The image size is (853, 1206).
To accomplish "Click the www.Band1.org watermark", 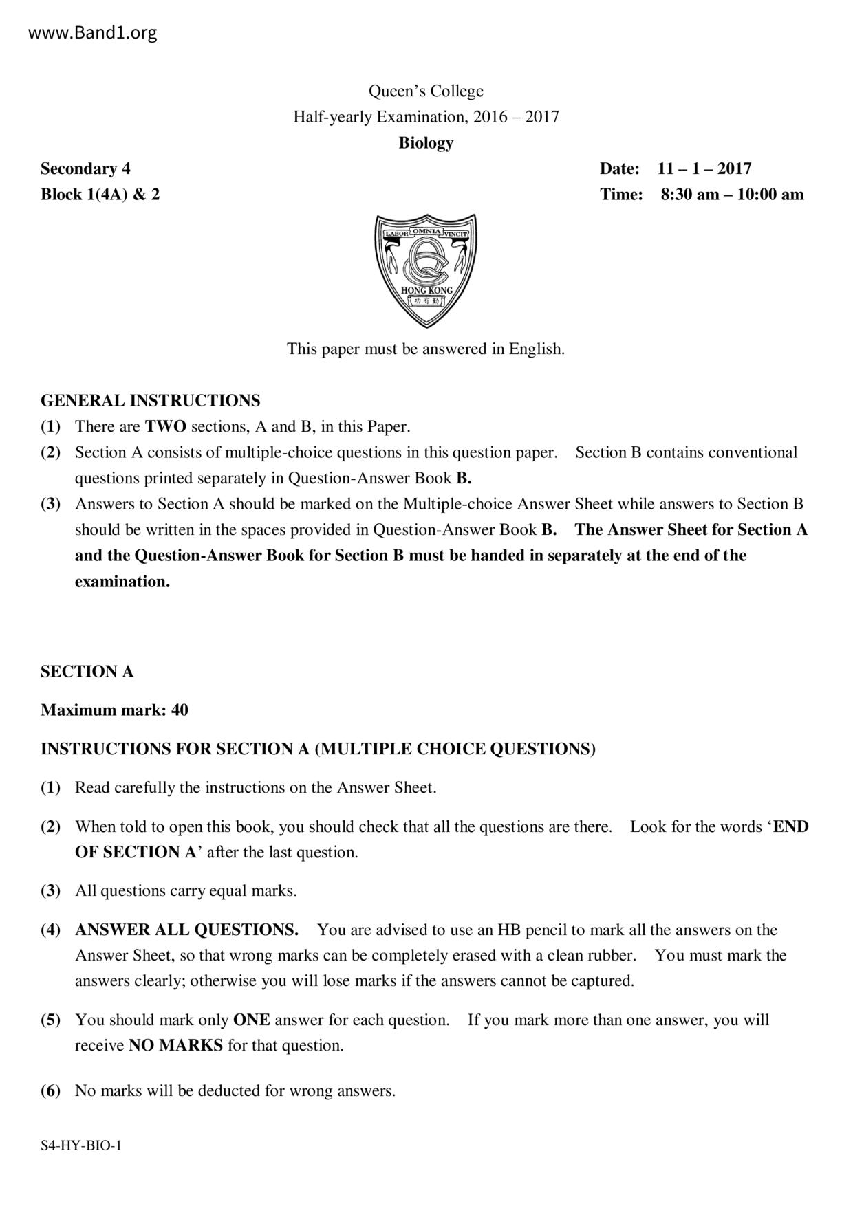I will pyautogui.click(x=93, y=32).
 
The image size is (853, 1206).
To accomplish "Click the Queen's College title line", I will pyautogui.click(x=426, y=91).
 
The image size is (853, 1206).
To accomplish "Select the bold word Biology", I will pyautogui.click(x=426, y=143).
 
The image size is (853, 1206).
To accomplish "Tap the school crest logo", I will pyautogui.click(x=426, y=270).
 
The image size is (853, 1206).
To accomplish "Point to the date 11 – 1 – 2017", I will pyautogui.click(x=704, y=168).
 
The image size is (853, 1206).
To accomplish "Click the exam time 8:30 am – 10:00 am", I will pyautogui.click(x=732, y=195).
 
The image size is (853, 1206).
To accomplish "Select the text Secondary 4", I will pyautogui.click(x=85, y=168).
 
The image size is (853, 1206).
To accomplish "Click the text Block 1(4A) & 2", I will pyautogui.click(x=100, y=195).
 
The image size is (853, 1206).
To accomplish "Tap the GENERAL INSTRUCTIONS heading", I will pyautogui.click(x=150, y=400).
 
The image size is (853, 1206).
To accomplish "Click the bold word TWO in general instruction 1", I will pyautogui.click(x=165, y=426).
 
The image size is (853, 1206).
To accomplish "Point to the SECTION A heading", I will pyautogui.click(x=87, y=672).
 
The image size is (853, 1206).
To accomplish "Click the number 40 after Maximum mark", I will pyautogui.click(x=180, y=710).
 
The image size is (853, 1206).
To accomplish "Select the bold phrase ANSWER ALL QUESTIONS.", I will pyautogui.click(x=186, y=930).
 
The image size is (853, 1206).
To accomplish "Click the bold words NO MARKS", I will pyautogui.click(x=175, y=1046).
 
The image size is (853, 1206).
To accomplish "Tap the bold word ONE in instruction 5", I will pyautogui.click(x=251, y=1020).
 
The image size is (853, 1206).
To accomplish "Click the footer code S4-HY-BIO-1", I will pyautogui.click(x=81, y=1145).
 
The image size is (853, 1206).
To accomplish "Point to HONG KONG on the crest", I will pyautogui.click(x=426, y=290).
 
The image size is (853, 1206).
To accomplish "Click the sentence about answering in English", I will pyautogui.click(x=426, y=349).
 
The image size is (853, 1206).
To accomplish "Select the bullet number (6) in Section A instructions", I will pyautogui.click(x=50, y=1090).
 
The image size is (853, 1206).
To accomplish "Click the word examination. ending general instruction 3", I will pyautogui.click(x=122, y=582).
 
